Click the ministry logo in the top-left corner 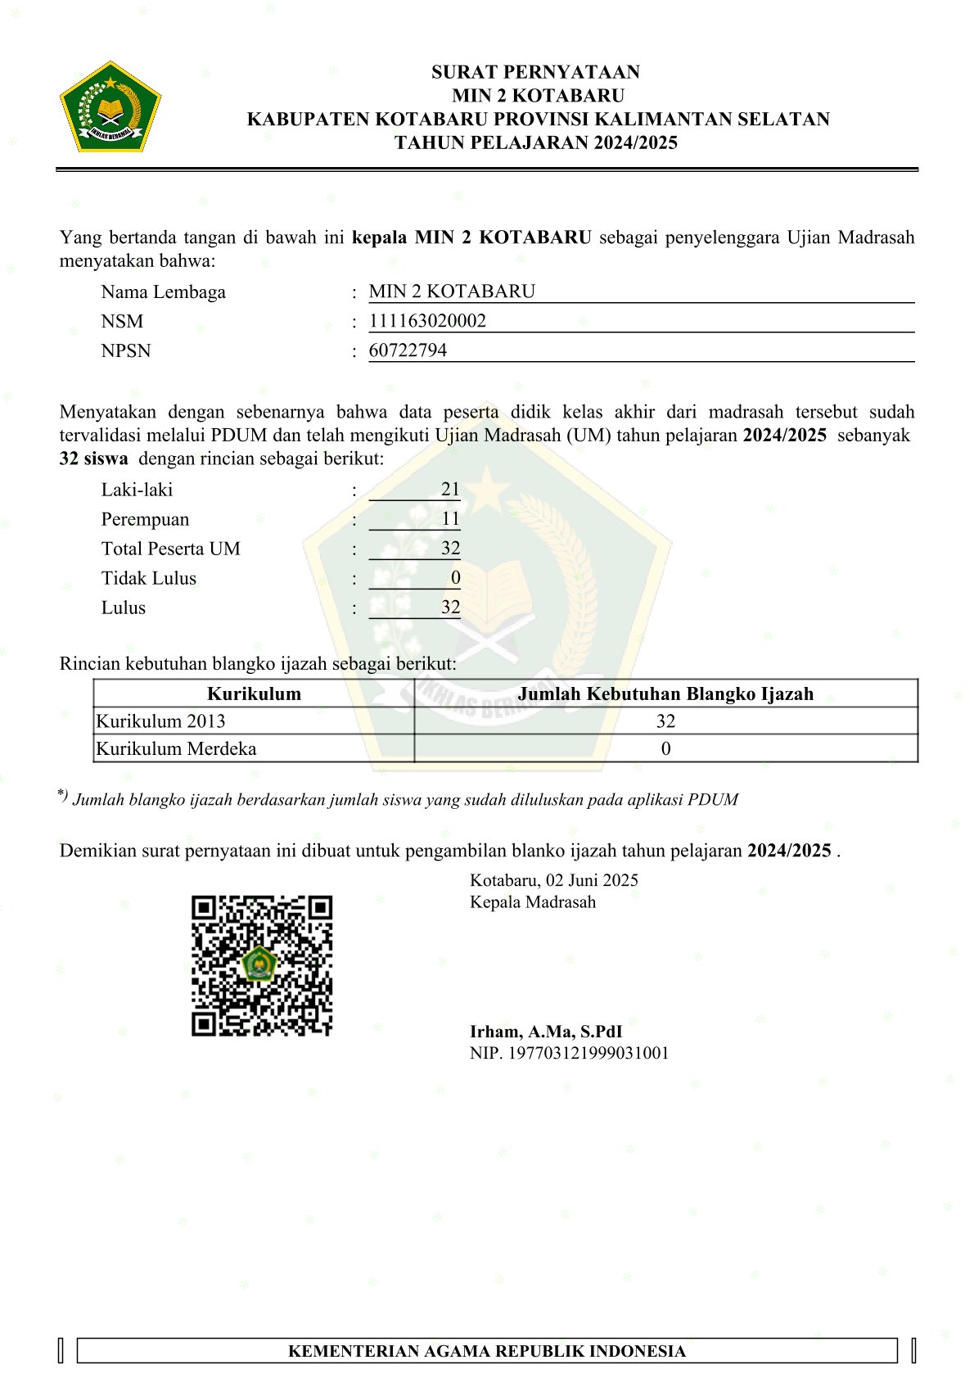pyautogui.click(x=110, y=107)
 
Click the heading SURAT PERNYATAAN pyautogui.click(x=535, y=72)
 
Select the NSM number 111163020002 pyautogui.click(x=427, y=321)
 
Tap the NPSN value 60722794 pyautogui.click(x=408, y=350)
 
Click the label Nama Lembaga pyautogui.click(x=163, y=292)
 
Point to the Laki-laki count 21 pyautogui.click(x=450, y=490)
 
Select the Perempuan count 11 pyautogui.click(x=450, y=519)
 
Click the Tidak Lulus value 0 pyautogui.click(x=455, y=578)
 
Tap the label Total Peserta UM pyautogui.click(x=170, y=549)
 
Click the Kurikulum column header pyautogui.click(x=254, y=694)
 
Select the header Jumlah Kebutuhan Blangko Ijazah pyautogui.click(x=665, y=694)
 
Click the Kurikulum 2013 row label pyautogui.click(x=160, y=721)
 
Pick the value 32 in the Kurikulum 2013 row pyautogui.click(x=665, y=721)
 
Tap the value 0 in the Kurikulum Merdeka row pyautogui.click(x=665, y=748)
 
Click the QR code pyautogui.click(x=262, y=965)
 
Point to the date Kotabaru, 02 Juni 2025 pyautogui.click(x=553, y=880)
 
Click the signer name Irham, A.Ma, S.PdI pyautogui.click(x=545, y=1032)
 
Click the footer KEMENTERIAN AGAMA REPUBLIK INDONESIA pyautogui.click(x=486, y=1351)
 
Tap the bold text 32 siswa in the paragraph pyautogui.click(x=93, y=459)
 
